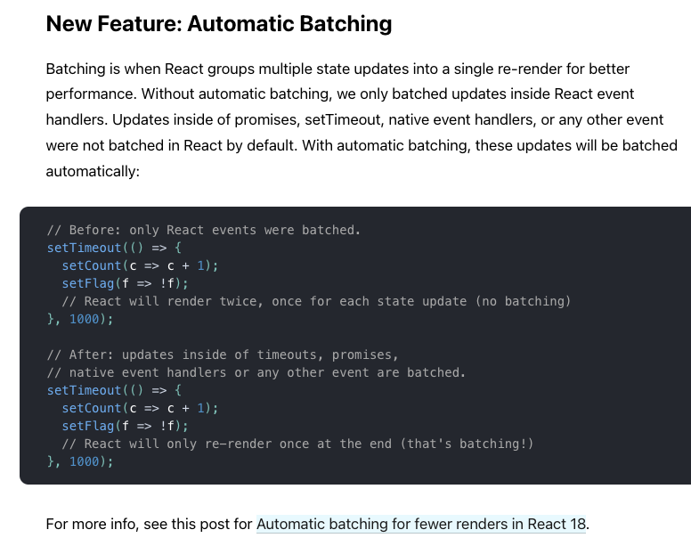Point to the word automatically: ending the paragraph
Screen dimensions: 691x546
[93, 171]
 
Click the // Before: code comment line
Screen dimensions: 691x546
[204, 230]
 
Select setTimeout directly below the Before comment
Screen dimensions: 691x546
[84, 248]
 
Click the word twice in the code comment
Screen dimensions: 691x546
[241, 301]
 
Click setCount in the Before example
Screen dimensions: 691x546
[91, 265]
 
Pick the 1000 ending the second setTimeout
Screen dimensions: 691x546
[85, 462]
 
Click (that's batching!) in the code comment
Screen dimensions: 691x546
[467, 444]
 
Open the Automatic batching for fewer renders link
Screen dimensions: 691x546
[421, 524]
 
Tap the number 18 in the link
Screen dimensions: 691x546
[578, 524]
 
